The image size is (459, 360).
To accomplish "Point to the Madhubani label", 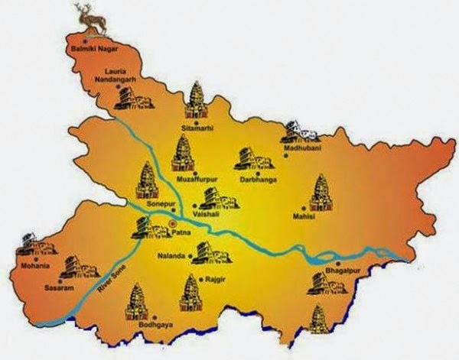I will (302, 148).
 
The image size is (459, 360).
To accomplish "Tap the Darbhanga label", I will (256, 180).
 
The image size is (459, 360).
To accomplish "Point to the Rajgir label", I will (209, 280).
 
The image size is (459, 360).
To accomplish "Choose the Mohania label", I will (34, 265).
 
